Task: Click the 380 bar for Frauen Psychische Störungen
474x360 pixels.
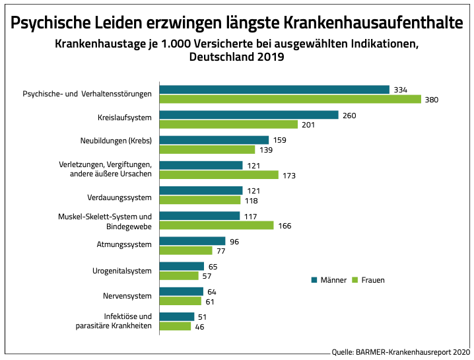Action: pyautogui.click(x=290, y=99)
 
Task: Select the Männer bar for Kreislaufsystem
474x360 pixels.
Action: pyautogui.click(x=249, y=115)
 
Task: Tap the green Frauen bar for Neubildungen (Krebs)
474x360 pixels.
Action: pyautogui.click(x=207, y=150)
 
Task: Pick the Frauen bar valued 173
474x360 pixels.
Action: pyautogui.click(x=219, y=175)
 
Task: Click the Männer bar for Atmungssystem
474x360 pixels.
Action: pyautogui.click(x=192, y=241)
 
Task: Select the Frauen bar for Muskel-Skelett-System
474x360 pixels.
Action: pyautogui.click(x=217, y=225)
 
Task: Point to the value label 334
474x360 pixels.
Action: pyautogui.click(x=400, y=90)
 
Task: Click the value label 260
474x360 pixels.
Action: pyautogui.click(x=350, y=115)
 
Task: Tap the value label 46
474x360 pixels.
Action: pyautogui.click(x=200, y=326)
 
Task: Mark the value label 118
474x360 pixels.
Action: pyautogui.click(x=252, y=200)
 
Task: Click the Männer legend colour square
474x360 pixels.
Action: pyautogui.click(x=314, y=280)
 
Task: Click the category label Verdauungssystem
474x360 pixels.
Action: pyautogui.click(x=119, y=198)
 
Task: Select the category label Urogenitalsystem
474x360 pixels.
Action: pyautogui.click(x=122, y=270)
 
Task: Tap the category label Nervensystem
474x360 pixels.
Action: pyautogui.click(x=128, y=295)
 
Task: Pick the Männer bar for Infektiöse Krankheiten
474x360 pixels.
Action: pyautogui.click(x=177, y=316)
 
